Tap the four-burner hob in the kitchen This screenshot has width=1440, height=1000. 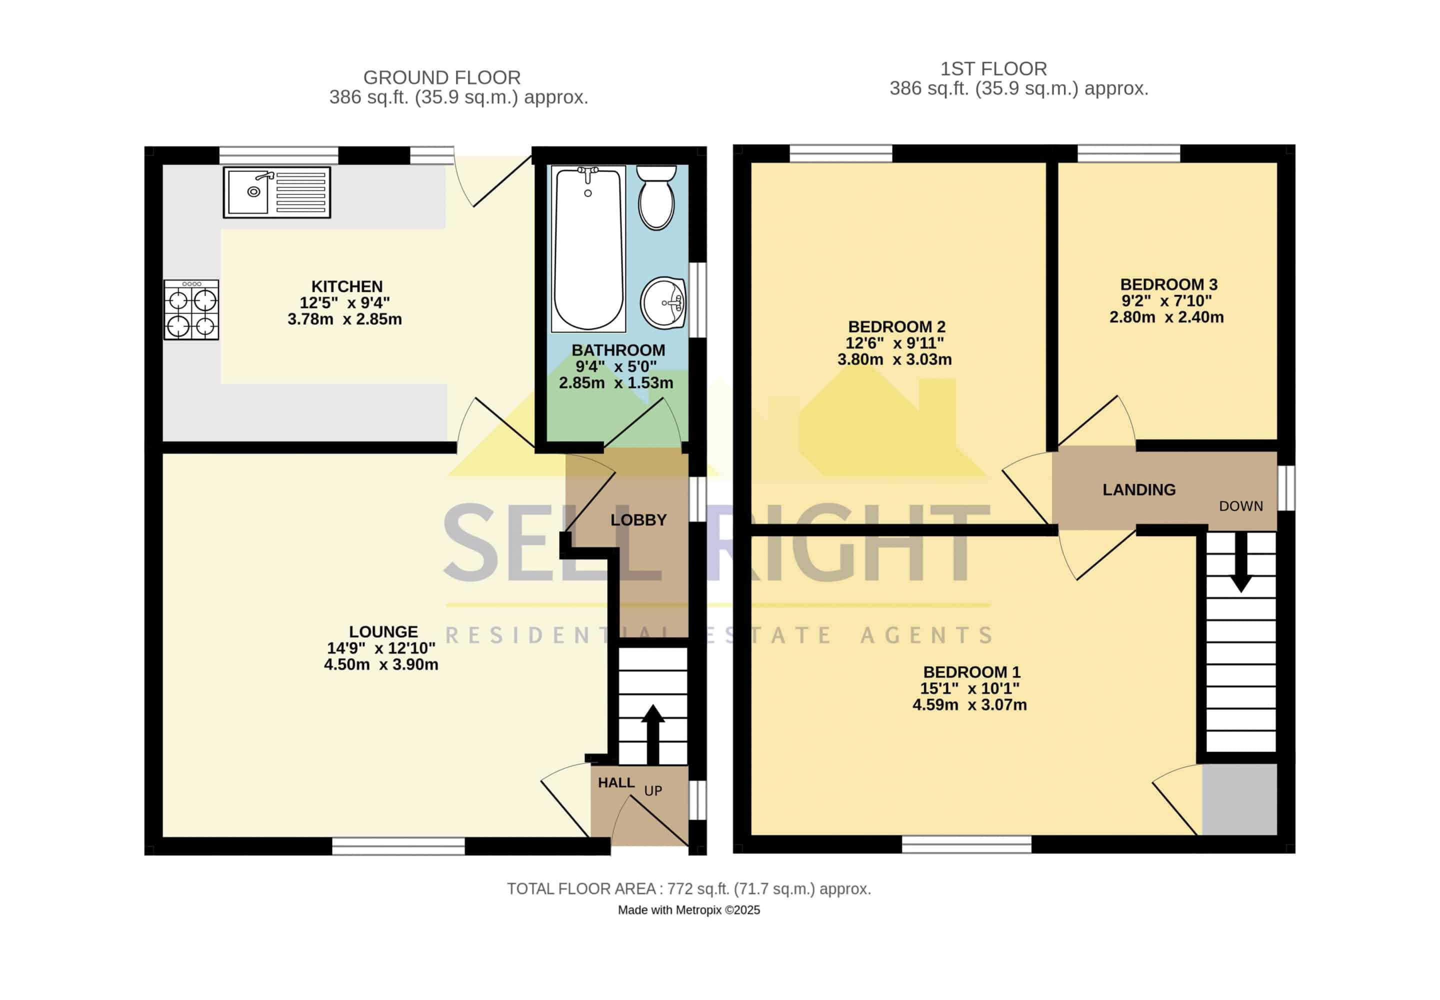[191, 309]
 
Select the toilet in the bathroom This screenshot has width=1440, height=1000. [656, 197]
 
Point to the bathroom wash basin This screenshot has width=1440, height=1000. [663, 302]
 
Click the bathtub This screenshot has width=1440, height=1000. [588, 248]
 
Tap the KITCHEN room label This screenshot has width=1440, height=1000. [346, 286]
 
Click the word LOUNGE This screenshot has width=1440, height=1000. [383, 631]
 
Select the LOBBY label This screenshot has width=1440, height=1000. [638, 519]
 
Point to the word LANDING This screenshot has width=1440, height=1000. [1138, 489]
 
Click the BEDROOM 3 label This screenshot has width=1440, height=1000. [1168, 284]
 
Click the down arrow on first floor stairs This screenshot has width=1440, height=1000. [1240, 562]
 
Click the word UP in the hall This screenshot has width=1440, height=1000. [653, 790]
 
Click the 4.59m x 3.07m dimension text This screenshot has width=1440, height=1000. [969, 705]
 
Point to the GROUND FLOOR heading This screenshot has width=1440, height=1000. [442, 77]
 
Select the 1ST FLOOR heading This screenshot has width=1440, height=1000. [993, 69]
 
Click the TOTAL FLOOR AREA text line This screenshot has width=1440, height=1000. [688, 888]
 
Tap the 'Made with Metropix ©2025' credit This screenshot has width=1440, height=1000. [688, 910]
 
